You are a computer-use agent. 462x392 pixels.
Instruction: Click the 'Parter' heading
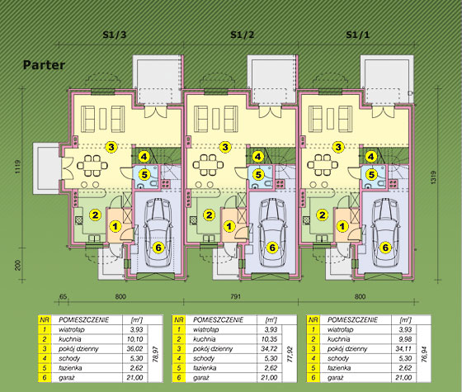pos(44,65)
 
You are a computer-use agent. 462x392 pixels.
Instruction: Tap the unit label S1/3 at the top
pos(115,35)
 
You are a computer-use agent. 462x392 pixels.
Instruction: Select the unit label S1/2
pos(243,35)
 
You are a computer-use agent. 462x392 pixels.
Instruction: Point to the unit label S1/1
pos(358,35)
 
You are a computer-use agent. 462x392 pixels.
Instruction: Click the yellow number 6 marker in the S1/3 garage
pos(158,248)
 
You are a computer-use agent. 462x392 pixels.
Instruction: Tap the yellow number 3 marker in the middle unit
pos(225,147)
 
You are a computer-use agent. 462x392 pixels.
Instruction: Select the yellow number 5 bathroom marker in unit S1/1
pos(371,175)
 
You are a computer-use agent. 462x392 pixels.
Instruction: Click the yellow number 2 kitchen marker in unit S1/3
pos(95,215)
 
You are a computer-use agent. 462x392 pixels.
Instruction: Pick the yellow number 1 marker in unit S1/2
pos(229,226)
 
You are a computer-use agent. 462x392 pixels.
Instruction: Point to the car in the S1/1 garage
pos(385,233)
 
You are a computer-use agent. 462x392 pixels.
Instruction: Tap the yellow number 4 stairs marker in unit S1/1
pos(371,157)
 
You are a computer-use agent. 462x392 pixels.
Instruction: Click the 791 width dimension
pos(235,296)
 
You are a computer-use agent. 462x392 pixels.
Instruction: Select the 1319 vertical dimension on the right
pos(433,178)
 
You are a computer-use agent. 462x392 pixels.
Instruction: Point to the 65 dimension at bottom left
pos(63,296)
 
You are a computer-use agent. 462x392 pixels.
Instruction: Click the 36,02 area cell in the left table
pos(135,348)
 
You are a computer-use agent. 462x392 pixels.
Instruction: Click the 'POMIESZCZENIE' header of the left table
pos(84,320)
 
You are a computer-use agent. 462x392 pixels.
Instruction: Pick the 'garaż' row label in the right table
pos(335,378)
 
